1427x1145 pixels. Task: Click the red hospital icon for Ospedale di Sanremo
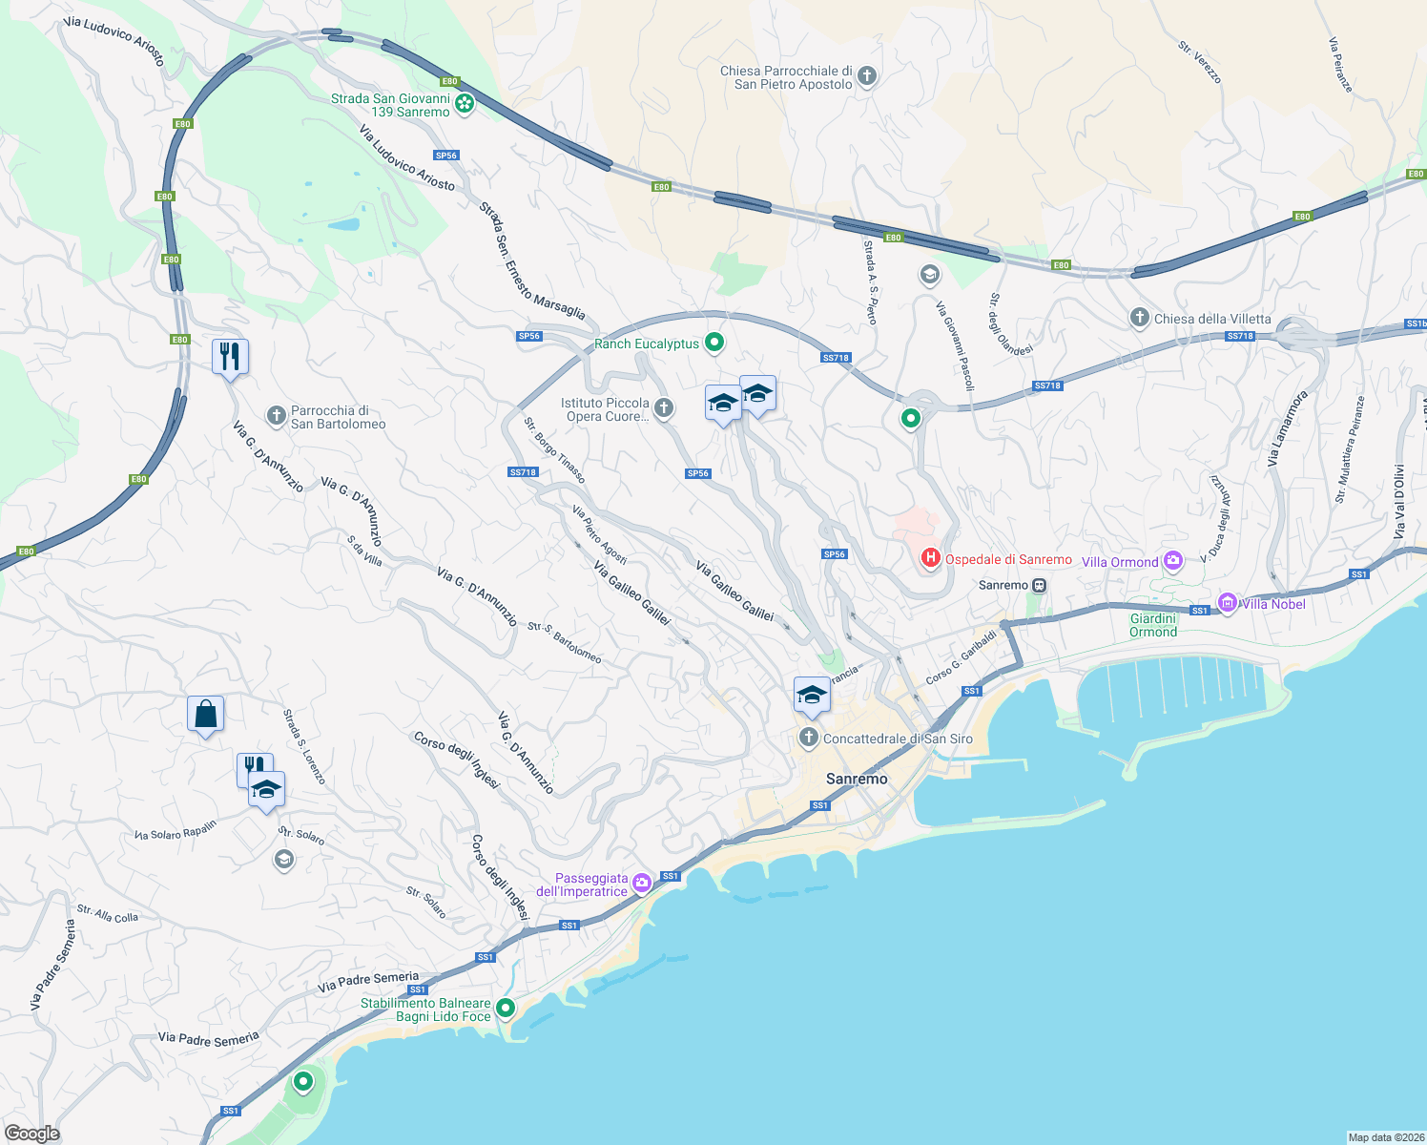[x=930, y=558]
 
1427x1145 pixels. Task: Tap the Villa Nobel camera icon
[x=1228, y=603]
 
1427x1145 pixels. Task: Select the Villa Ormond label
[x=1120, y=562]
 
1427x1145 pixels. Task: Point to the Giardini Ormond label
[x=1153, y=625]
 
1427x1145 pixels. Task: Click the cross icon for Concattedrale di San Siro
[x=809, y=738]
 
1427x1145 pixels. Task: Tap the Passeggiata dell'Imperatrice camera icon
[x=642, y=883]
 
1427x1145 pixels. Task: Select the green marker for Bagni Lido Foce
[x=506, y=1008]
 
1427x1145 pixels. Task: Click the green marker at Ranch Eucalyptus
[x=713, y=343]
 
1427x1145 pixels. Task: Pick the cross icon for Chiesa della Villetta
[x=1139, y=318]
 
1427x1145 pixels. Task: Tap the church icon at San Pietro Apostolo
[x=866, y=75]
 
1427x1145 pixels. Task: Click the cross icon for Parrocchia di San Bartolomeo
[x=276, y=416]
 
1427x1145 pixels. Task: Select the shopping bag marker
[x=205, y=714]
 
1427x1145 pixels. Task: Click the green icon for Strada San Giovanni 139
[x=465, y=104]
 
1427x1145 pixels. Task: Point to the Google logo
[x=31, y=1133]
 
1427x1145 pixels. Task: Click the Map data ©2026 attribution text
[x=1385, y=1136]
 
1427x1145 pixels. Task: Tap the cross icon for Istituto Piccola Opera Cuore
[x=664, y=408]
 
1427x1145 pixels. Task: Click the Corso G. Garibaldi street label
[x=962, y=657]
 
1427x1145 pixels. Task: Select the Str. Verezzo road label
[x=1199, y=62]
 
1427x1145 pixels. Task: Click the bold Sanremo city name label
[x=856, y=779]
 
